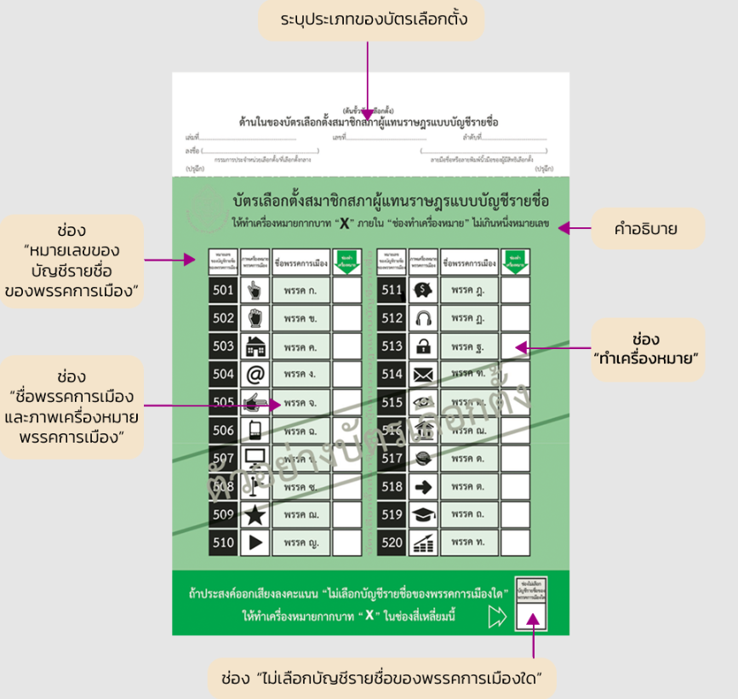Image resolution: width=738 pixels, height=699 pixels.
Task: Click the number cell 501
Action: pos(224,290)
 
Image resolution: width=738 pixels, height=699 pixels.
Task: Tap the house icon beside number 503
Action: pos(255,346)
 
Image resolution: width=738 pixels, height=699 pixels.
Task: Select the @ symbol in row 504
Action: pos(255,374)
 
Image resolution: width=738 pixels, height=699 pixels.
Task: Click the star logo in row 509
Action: pos(255,514)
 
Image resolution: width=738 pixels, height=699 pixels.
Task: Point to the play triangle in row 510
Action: pos(255,541)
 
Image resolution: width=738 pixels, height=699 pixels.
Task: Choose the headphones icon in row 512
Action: pos(423,318)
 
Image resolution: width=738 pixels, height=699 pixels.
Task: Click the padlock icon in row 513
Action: pos(423,347)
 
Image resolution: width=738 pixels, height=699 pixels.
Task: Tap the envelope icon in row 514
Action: pos(423,374)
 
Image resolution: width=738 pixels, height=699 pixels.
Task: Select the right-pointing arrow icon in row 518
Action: pos(423,486)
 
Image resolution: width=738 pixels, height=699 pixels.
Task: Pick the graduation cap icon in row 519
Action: pos(423,514)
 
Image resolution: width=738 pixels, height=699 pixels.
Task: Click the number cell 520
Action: pos(392,541)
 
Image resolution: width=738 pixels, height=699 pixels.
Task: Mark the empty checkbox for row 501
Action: pos(346,290)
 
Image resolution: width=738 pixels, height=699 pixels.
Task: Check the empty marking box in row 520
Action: pos(515,541)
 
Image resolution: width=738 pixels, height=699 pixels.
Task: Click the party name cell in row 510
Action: pos(300,541)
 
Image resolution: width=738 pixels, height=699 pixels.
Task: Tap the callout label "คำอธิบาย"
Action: pos(634,228)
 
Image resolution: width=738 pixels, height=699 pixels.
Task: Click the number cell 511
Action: pos(392,290)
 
